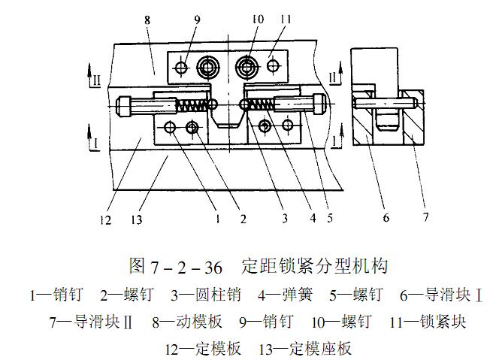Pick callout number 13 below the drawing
coord(141,220)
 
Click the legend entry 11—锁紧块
coord(428,322)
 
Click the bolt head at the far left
coord(127,104)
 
